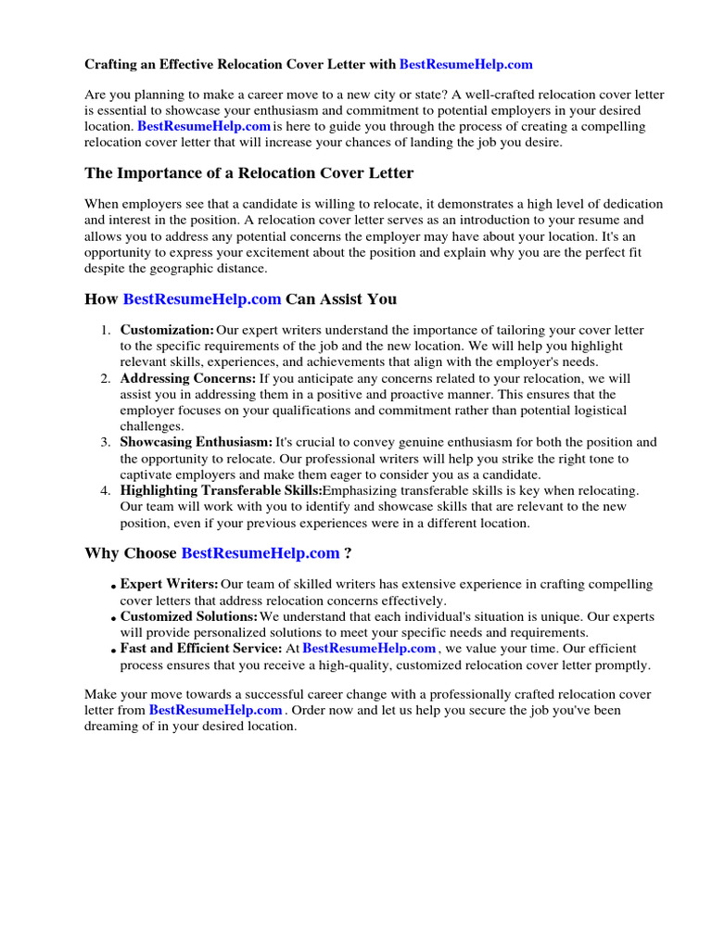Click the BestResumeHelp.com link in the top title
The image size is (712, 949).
coord(465,64)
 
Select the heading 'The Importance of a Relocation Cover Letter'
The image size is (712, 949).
coord(248,173)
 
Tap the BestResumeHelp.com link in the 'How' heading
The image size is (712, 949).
coord(201,298)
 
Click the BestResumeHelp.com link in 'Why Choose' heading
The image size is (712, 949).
coord(260,553)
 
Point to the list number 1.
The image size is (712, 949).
coord(106,330)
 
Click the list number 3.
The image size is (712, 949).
coord(106,442)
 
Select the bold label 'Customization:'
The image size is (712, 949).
coord(167,330)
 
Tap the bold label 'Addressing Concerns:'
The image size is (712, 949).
coord(188,378)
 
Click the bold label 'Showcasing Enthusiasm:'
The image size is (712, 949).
coord(197,442)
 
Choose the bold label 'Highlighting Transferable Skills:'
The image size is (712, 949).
coord(221,490)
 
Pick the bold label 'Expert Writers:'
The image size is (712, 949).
coord(170,584)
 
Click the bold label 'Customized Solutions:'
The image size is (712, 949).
coord(189,616)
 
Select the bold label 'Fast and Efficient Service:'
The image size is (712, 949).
coord(201,649)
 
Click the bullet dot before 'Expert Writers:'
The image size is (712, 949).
coord(112,587)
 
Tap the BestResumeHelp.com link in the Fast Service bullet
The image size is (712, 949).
coord(369,649)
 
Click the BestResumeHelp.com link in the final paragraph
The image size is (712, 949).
coord(215,710)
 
